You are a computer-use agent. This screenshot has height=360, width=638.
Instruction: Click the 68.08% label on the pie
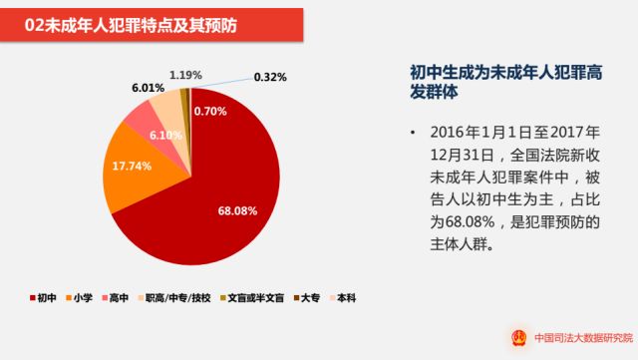(237, 210)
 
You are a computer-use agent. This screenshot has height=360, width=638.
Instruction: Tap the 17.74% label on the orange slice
(133, 165)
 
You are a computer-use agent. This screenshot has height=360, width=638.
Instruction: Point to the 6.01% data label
(147, 88)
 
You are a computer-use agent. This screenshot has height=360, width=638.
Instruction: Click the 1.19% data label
(185, 75)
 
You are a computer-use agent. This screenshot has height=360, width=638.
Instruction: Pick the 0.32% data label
(271, 76)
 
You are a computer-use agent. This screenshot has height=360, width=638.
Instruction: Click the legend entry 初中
(40, 297)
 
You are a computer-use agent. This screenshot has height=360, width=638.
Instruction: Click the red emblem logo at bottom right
(518, 336)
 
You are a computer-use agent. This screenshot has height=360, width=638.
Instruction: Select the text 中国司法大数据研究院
(578, 337)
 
